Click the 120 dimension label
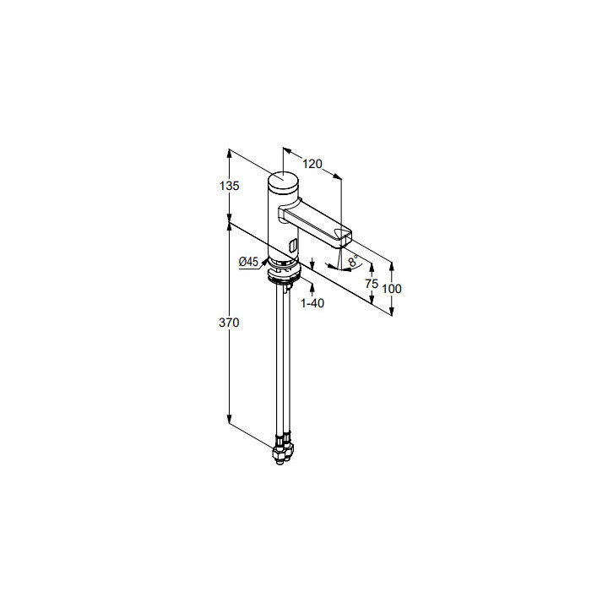pos(312,164)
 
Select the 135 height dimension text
pos(229,186)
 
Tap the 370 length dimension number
pos(229,323)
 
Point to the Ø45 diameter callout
pos(248,262)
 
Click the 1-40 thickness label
pos(312,303)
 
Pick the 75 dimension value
pos(372,284)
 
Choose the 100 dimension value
pos(392,289)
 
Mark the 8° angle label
pos(353,261)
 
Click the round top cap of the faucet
pos(284,180)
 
